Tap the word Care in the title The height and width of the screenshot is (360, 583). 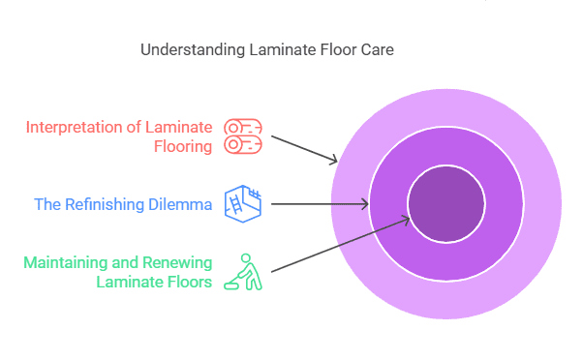tap(377, 48)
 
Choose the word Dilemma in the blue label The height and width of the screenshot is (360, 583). tap(178, 205)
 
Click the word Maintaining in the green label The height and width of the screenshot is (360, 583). tap(66, 262)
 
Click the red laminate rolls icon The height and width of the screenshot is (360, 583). tap(243, 136)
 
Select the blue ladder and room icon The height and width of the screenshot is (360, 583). tap(243, 204)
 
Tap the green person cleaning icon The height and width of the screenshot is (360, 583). tap(243, 272)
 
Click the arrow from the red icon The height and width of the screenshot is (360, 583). tap(304, 148)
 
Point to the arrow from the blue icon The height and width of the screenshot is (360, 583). tap(320, 204)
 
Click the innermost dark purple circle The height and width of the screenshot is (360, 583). tap(445, 204)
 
